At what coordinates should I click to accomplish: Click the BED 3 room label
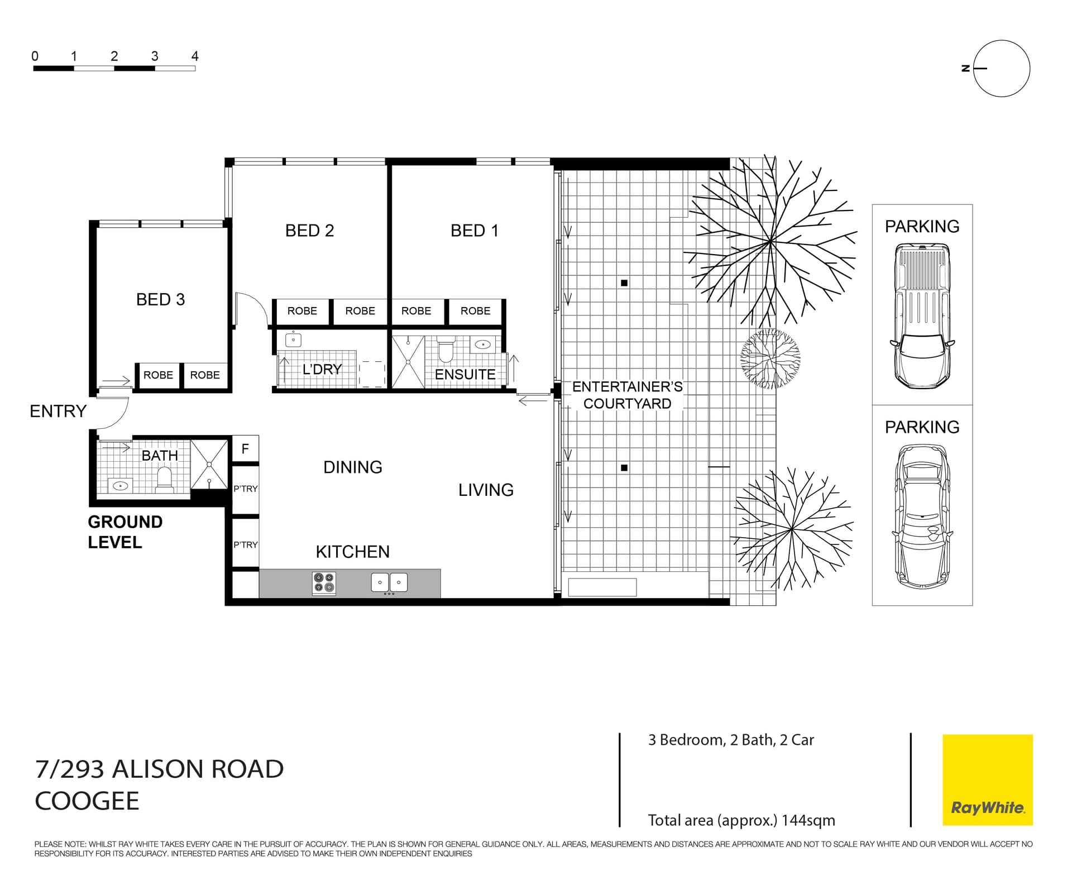click(x=160, y=299)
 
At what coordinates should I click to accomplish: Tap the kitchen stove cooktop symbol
click(x=324, y=582)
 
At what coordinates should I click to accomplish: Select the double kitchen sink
click(x=389, y=582)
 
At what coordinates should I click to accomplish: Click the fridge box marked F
click(x=245, y=449)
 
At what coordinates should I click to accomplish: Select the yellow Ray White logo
click(x=987, y=779)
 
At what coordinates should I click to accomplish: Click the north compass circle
click(x=1002, y=69)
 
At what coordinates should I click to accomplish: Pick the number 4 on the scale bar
click(x=195, y=56)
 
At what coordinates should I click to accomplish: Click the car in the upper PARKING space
click(x=922, y=316)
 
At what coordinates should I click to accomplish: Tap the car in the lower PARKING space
click(x=922, y=517)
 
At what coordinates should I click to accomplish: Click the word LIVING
click(x=486, y=490)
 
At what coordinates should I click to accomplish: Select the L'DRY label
click(x=322, y=369)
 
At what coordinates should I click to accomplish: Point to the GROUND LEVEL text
click(x=125, y=532)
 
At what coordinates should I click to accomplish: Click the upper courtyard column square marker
click(x=624, y=283)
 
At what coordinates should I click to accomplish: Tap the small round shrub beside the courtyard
click(x=770, y=358)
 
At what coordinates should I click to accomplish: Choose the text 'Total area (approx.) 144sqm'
click(x=741, y=820)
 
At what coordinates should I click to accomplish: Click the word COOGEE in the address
click(x=87, y=801)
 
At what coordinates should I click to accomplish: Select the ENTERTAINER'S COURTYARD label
click(x=627, y=395)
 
